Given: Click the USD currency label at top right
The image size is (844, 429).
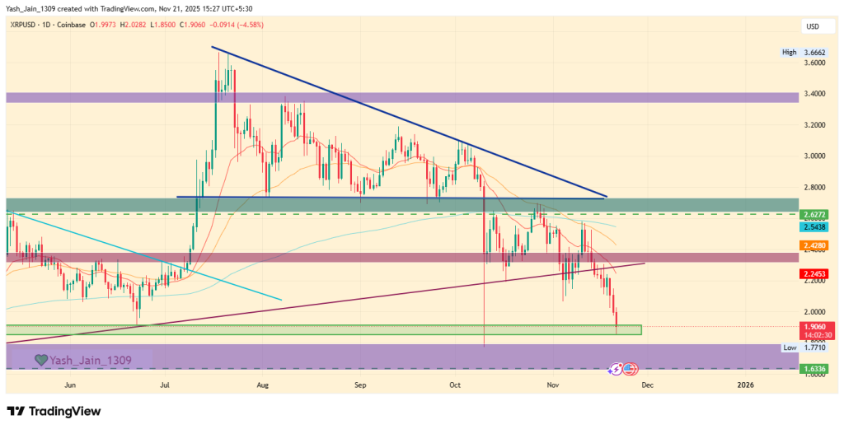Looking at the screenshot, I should pyautogui.click(x=812, y=27).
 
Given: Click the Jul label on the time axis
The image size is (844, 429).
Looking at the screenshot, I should pyautogui.click(x=166, y=385).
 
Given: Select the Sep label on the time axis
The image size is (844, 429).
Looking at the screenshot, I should pyautogui.click(x=359, y=385).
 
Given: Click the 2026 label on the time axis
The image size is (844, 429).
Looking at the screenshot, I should pyautogui.click(x=745, y=385).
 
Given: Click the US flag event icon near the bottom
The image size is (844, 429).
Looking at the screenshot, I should pyautogui.click(x=631, y=369).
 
